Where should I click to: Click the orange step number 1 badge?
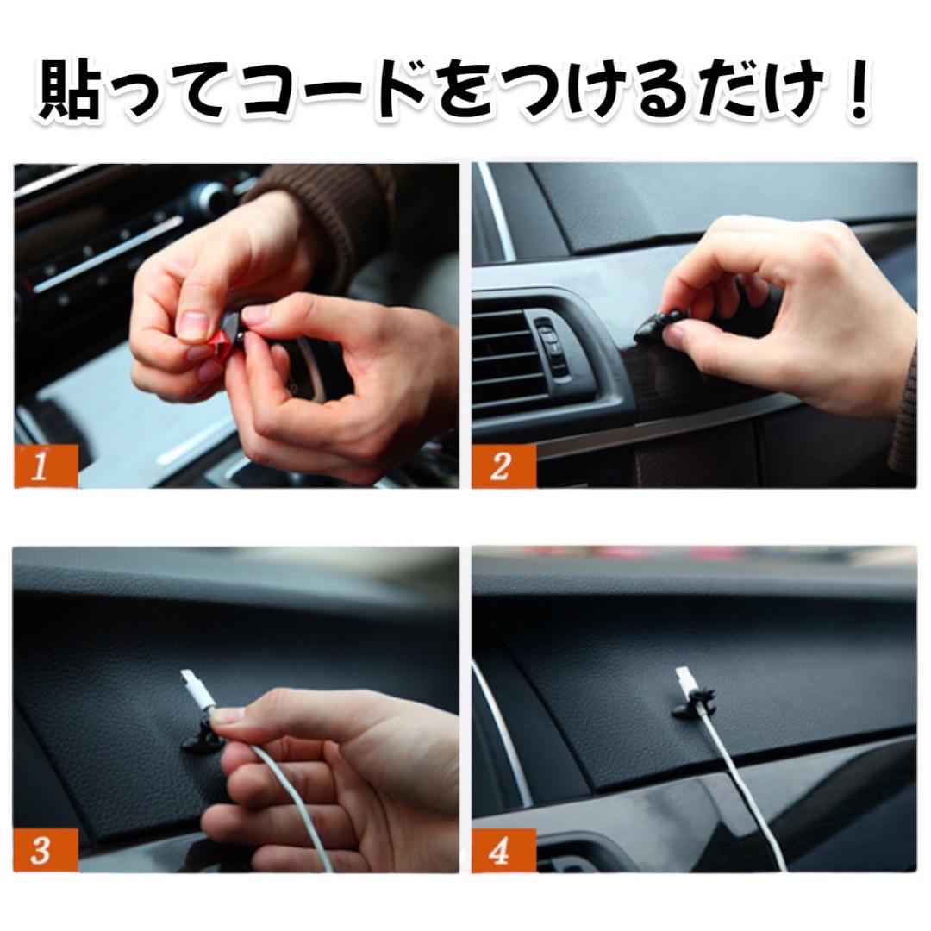pyautogui.click(x=46, y=466)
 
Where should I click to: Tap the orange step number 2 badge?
pyautogui.click(x=503, y=466)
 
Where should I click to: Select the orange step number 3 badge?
pyautogui.click(x=46, y=850)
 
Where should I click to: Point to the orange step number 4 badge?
pyautogui.click(x=503, y=850)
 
